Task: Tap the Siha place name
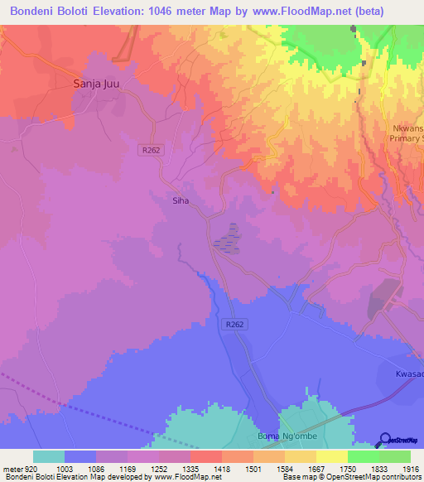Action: [181, 200]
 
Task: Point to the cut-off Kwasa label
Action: [408, 374]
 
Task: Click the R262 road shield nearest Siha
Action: [149, 149]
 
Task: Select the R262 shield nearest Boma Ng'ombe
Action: [234, 325]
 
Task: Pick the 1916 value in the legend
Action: [410, 469]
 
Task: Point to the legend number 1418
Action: [221, 469]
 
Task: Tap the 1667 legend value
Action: [316, 469]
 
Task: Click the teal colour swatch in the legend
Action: [48, 456]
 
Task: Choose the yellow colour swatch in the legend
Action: [331, 456]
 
